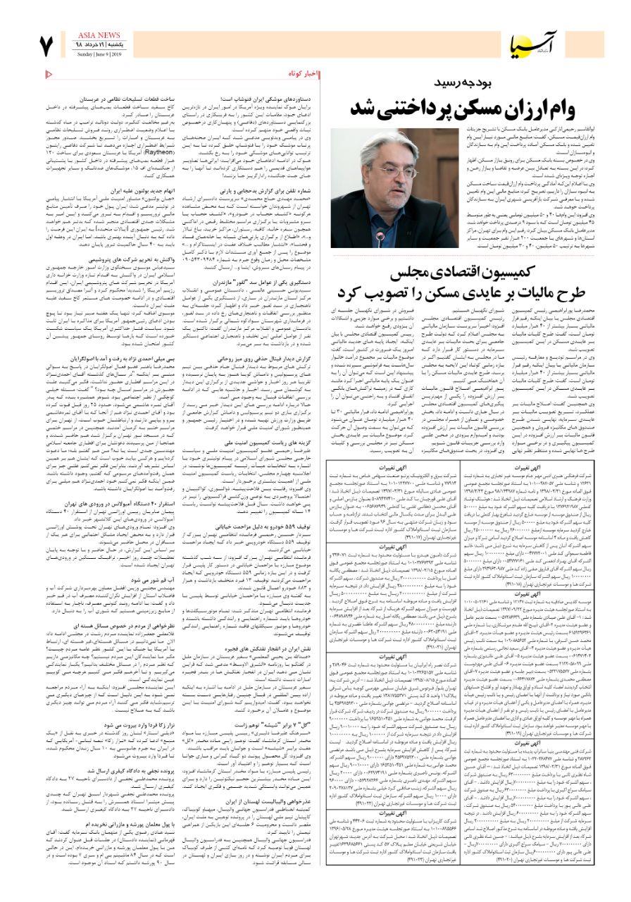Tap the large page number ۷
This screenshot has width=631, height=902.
[47, 47]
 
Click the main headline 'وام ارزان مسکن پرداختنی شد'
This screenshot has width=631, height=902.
[463, 109]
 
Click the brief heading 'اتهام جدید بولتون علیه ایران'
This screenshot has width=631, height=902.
[156, 191]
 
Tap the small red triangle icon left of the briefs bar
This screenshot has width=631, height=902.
[49, 73]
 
